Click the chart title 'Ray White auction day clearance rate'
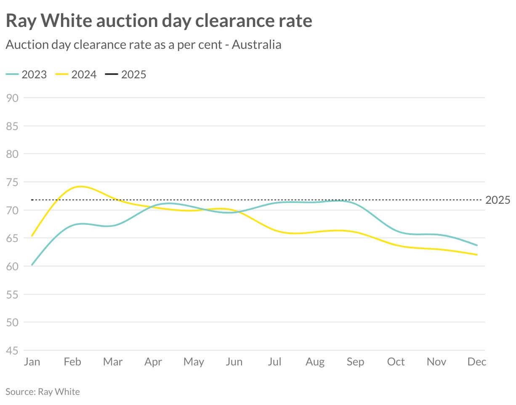159,21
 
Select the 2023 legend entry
27,75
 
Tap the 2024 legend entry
76,75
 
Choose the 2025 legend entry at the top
126,75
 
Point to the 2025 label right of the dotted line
497,200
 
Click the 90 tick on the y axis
13,98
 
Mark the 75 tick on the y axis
13,182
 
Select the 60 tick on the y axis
13,266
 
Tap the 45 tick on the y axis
13,351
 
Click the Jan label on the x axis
32,362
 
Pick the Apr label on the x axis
153,362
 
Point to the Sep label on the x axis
355,362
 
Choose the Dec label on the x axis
477,362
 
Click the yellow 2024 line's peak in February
80,186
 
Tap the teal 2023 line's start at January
32,265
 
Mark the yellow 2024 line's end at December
477,255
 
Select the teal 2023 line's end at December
477,245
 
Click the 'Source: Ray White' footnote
43,392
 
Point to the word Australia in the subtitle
256,44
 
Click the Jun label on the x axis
234,362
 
